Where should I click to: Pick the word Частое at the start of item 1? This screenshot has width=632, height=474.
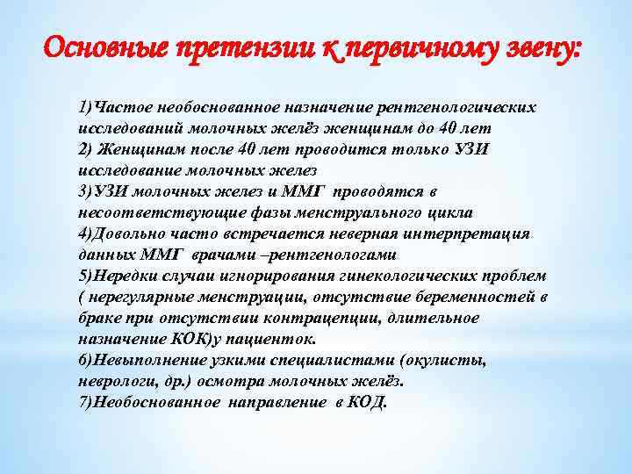tap(122, 107)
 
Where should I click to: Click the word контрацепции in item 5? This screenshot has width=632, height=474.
tap(332, 318)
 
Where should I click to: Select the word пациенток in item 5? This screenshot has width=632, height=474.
tap(279, 339)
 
